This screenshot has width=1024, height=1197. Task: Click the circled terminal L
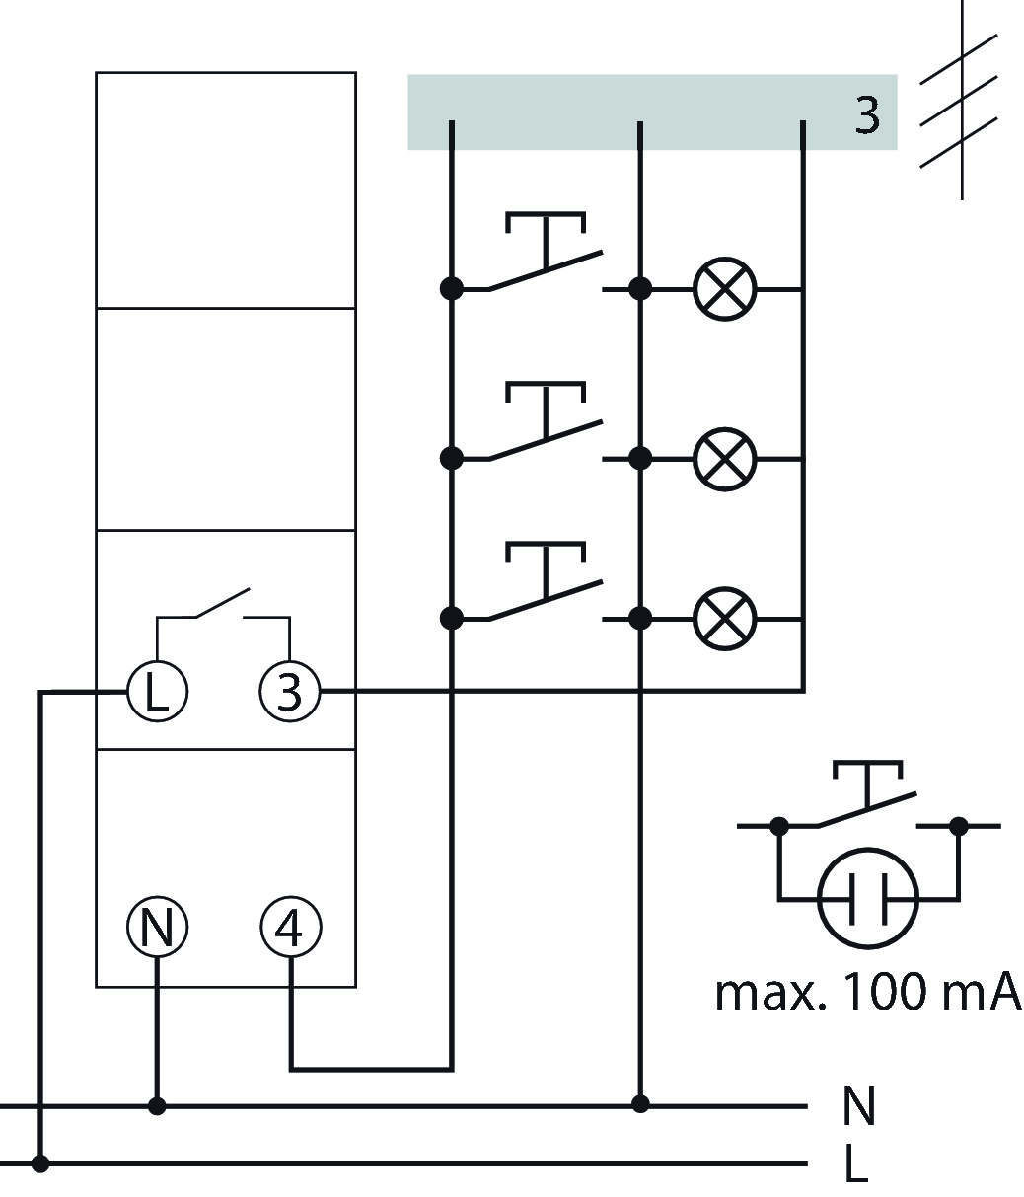tap(157, 691)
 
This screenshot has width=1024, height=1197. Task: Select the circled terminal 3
tap(289, 691)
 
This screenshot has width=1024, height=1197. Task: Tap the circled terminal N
tap(157, 928)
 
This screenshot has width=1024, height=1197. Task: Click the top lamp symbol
tap(724, 289)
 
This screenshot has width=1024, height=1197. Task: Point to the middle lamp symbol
tap(724, 459)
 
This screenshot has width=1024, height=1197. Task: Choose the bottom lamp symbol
tap(724, 619)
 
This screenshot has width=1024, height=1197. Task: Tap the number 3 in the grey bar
tap(866, 114)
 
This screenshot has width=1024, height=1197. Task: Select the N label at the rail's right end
tap(858, 1105)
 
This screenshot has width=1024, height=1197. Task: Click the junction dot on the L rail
tap(39, 1162)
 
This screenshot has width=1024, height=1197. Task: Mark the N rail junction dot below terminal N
tap(157, 1106)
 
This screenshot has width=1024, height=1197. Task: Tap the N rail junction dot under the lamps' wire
tap(639, 1104)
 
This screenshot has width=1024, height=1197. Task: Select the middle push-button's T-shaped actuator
tap(545, 410)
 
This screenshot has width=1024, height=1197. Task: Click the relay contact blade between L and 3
tap(223, 603)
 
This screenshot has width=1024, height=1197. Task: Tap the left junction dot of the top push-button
tap(452, 288)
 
